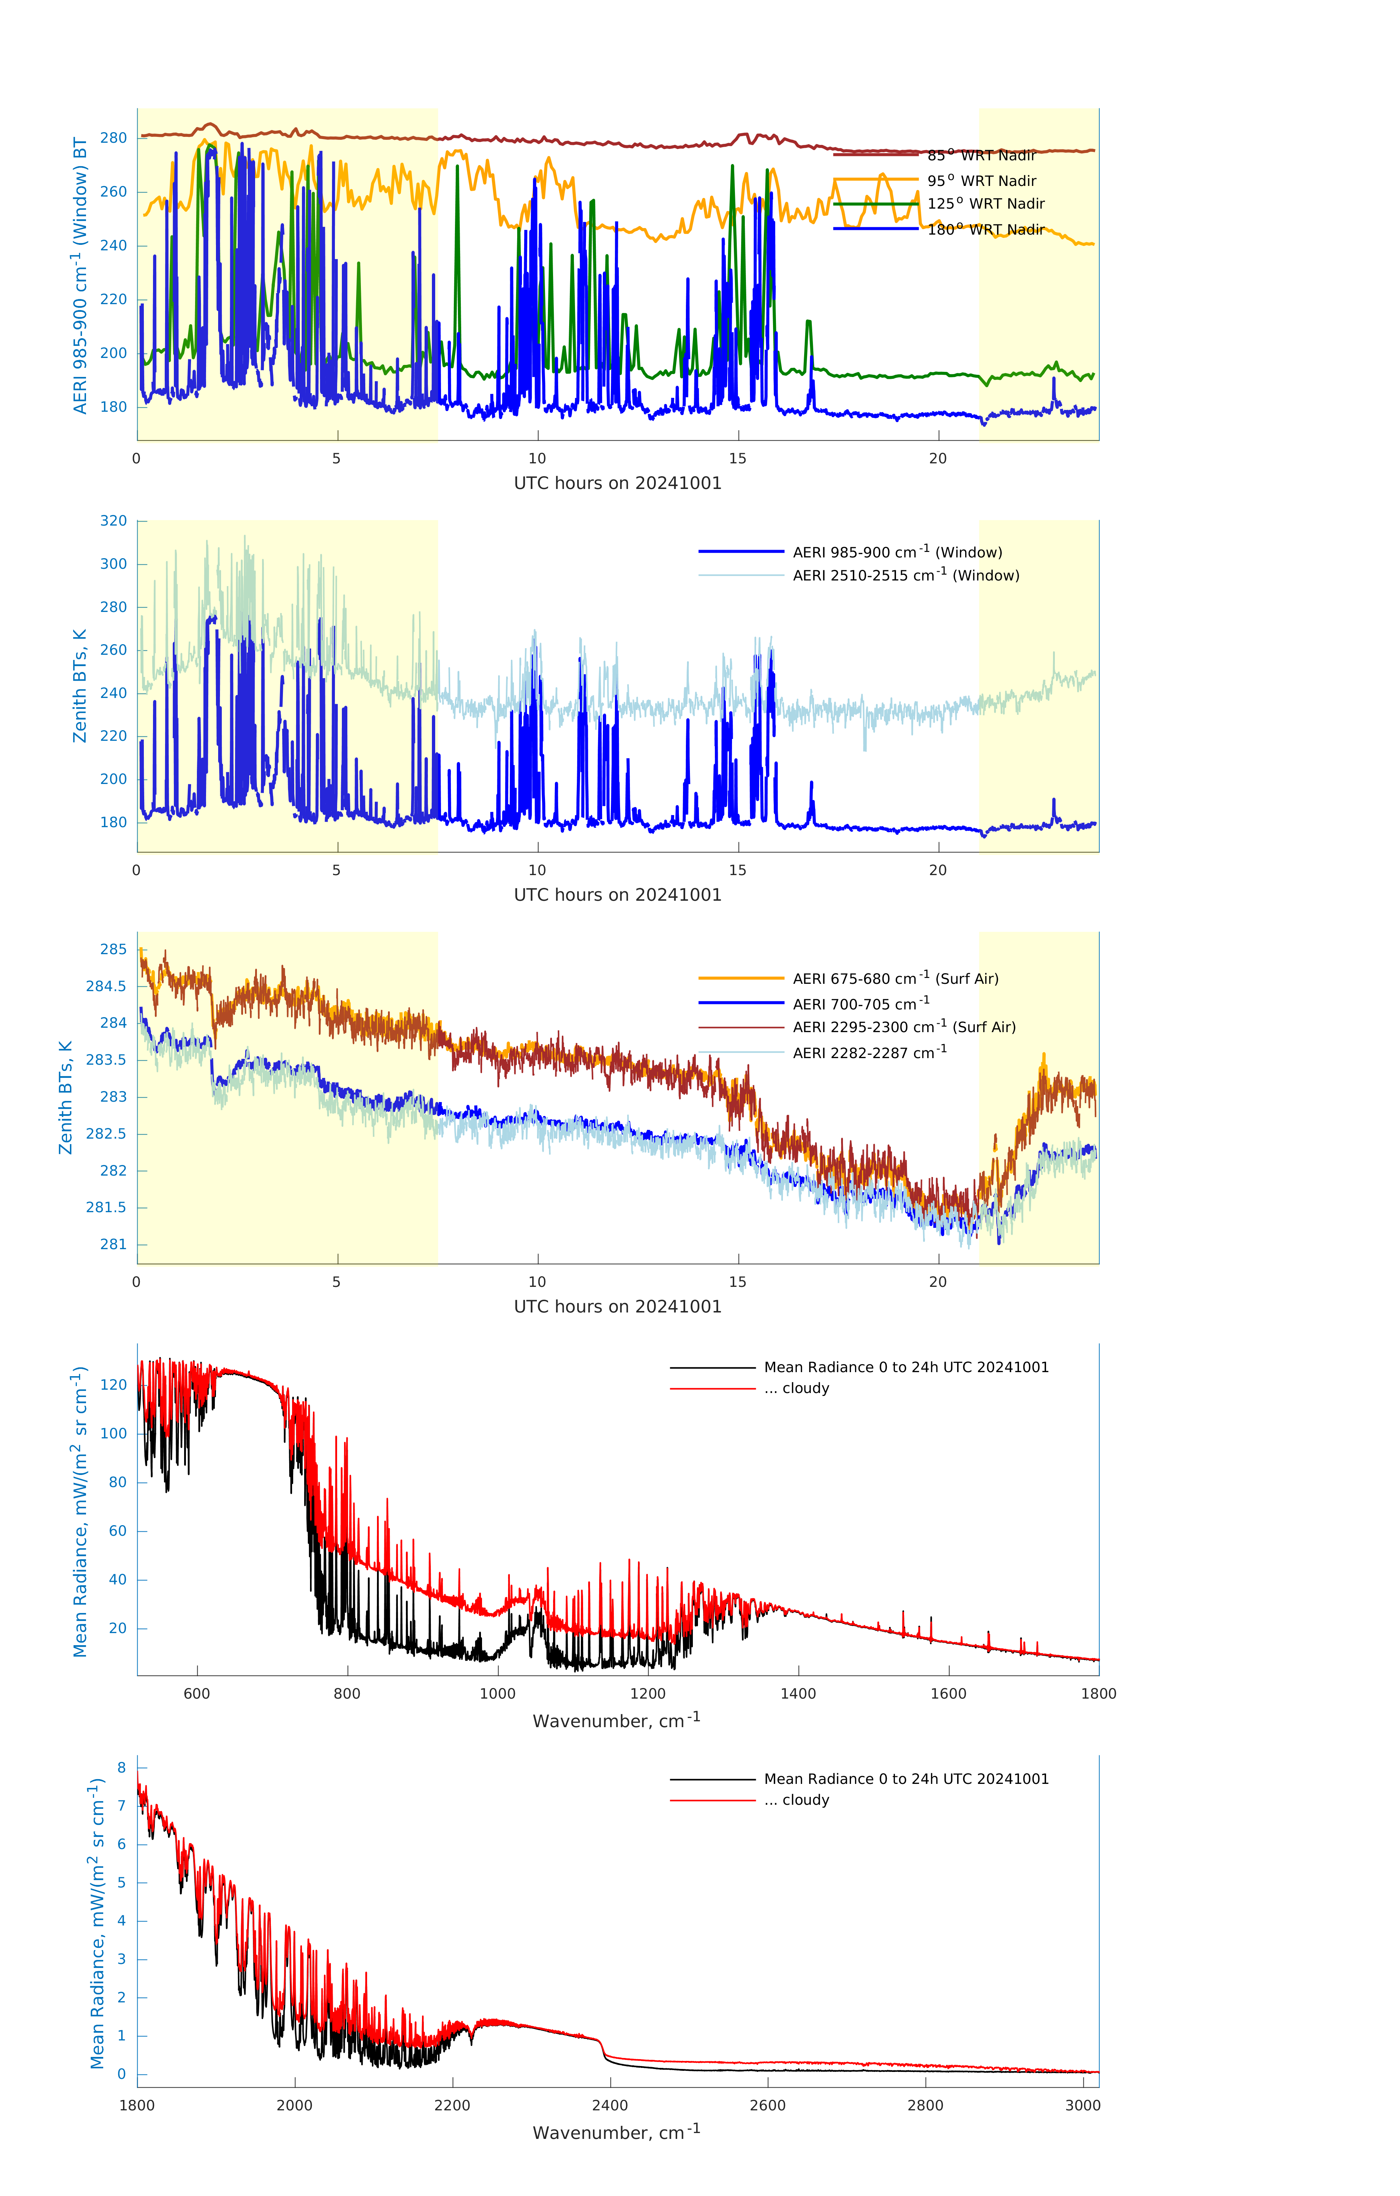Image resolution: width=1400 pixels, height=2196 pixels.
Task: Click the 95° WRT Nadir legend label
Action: pos(981,180)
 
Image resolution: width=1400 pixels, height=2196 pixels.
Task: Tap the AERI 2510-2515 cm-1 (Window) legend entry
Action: pos(906,575)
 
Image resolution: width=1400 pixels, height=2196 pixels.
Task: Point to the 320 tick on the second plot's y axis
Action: pos(114,521)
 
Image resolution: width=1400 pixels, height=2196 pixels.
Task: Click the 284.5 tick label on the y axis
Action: pos(107,986)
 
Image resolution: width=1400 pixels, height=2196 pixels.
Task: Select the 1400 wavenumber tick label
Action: pos(798,1693)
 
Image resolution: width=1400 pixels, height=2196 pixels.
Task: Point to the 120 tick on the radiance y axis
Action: pos(114,1384)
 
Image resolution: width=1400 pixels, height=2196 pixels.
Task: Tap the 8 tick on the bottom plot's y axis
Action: pos(121,1767)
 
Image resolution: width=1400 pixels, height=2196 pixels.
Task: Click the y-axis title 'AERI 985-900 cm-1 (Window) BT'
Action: pos(80,275)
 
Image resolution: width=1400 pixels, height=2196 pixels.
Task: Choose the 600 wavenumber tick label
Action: pos(197,1693)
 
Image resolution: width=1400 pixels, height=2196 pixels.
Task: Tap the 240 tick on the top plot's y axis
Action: pos(114,245)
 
